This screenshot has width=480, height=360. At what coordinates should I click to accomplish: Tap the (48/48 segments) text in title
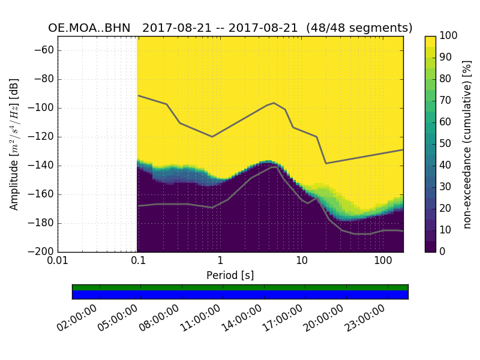click(x=359, y=28)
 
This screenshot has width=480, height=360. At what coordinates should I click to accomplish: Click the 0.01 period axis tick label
click(x=58, y=260)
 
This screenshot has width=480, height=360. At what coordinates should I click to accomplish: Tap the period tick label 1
click(x=220, y=260)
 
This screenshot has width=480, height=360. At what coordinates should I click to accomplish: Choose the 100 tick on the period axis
click(x=383, y=260)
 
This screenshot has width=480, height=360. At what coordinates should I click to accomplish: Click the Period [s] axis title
click(x=230, y=275)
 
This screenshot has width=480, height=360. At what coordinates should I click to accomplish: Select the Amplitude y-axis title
click(x=14, y=144)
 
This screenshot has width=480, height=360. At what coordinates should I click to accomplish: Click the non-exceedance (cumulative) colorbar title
click(x=467, y=144)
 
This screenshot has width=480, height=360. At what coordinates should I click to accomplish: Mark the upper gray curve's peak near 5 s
click(x=274, y=103)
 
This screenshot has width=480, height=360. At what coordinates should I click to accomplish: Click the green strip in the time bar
click(x=240, y=287)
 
